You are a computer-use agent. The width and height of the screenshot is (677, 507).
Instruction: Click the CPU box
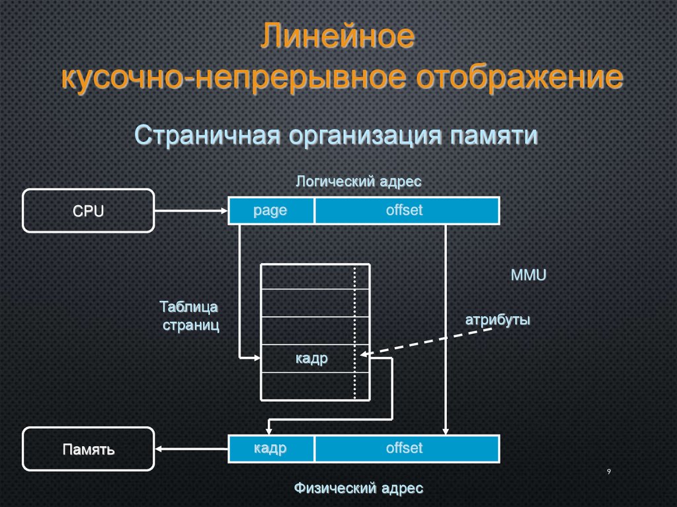coord(89,210)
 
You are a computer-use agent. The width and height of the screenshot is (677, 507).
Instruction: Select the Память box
coord(89,449)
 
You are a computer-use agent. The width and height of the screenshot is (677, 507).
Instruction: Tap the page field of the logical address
coord(270,211)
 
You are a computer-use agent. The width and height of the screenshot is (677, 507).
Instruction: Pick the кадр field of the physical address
coord(270,449)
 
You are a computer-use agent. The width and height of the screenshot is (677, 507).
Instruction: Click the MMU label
coord(528,275)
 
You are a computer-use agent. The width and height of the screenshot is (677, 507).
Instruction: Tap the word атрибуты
coord(498,319)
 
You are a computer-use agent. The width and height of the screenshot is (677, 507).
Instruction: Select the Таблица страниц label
coord(190,316)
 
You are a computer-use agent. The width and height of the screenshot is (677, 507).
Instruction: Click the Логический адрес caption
coord(358,181)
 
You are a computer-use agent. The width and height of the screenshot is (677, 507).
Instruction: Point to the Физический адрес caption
coord(358,488)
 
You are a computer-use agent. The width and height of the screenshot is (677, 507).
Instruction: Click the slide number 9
coord(608,471)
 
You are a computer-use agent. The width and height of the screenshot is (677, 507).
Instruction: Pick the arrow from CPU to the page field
coord(191,211)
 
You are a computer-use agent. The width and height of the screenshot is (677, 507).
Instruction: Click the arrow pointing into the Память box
coord(192,449)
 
